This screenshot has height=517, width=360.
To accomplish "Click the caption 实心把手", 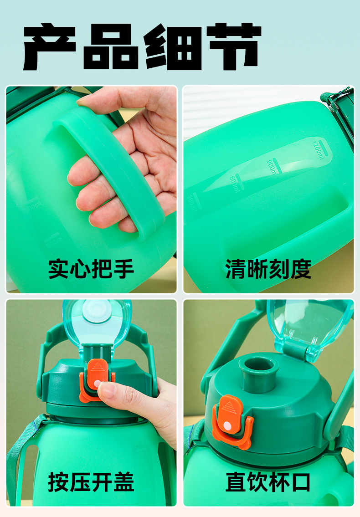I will [x=91, y=269].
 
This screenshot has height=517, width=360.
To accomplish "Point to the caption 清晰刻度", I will [x=268, y=269].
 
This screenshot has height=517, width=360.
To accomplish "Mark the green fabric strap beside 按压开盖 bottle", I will [x=18, y=456].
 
